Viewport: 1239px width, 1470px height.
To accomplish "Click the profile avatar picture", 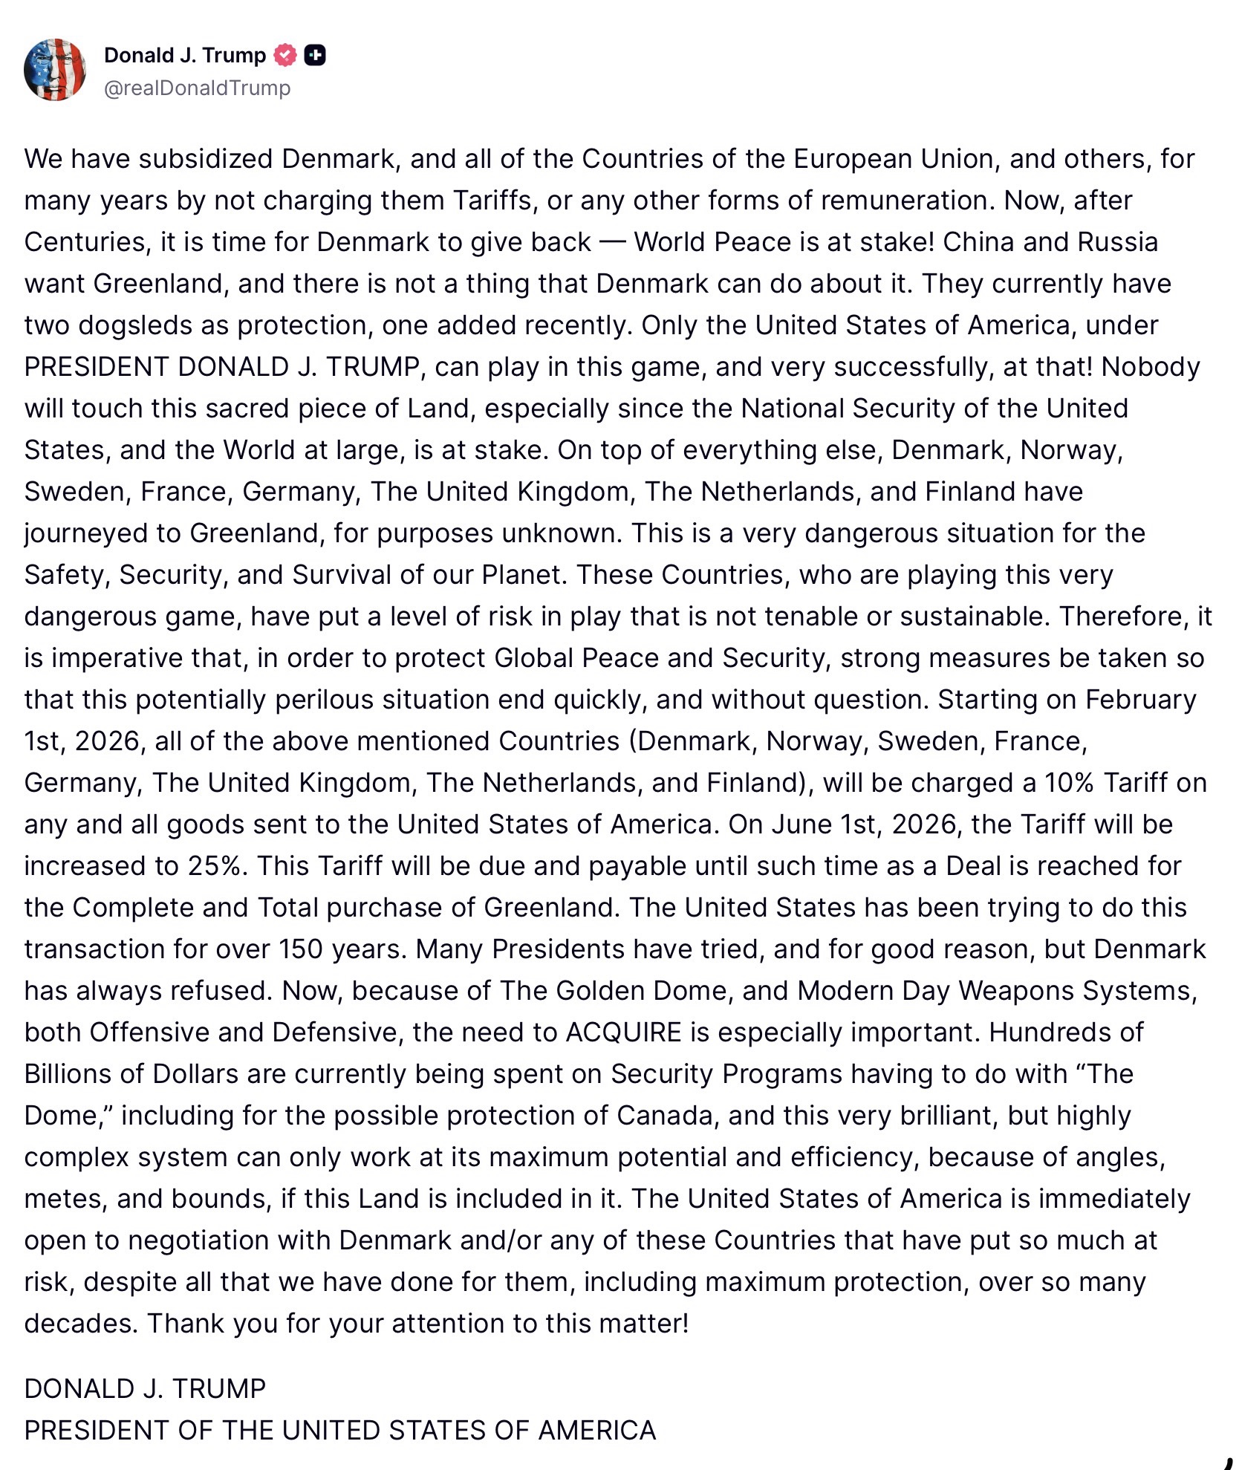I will tap(55, 70).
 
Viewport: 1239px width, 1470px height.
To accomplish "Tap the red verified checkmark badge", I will tap(285, 55).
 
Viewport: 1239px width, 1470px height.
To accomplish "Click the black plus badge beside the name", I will tap(315, 55).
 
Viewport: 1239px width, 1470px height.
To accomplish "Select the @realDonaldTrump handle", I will tap(197, 88).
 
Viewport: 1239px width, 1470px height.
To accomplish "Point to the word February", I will tap(1140, 700).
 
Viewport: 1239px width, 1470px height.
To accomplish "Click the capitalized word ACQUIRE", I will tap(623, 1032).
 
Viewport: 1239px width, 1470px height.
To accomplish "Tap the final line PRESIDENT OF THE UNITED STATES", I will tap(339, 1430).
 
